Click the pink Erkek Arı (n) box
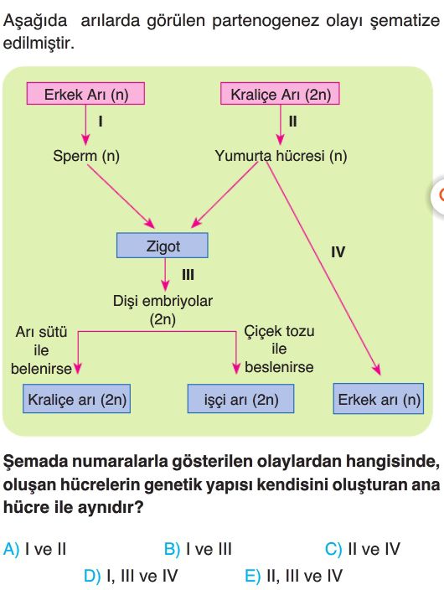[85, 93]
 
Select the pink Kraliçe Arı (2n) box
[280, 93]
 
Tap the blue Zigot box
[163, 246]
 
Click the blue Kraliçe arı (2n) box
[77, 399]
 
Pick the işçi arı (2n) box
[240, 399]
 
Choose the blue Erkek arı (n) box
[379, 399]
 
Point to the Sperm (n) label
[86, 156]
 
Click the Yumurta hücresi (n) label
[281, 156]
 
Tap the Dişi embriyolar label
[163, 301]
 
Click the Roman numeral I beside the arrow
[101, 122]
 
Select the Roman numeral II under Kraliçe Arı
[292, 122]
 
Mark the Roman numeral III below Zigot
[188, 275]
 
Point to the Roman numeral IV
[338, 251]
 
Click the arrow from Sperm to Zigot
[121, 196]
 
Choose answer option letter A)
[11, 549]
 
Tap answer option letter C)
[333, 549]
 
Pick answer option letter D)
[92, 576]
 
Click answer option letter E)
[252, 576]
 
